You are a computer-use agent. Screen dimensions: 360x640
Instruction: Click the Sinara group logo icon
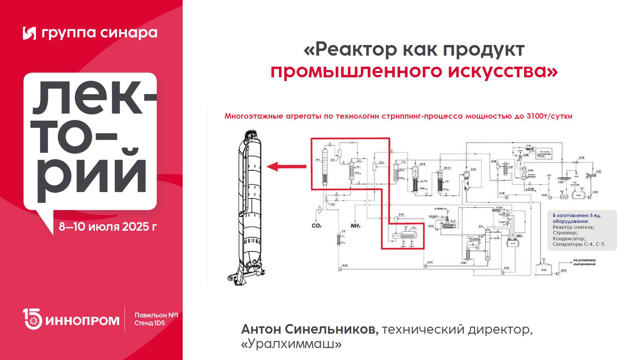tap(29, 33)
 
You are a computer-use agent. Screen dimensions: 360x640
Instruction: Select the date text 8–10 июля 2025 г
tap(108, 227)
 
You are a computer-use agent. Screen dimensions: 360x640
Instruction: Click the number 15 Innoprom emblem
tap(32, 319)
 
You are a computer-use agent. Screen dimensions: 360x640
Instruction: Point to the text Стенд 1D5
tap(150, 323)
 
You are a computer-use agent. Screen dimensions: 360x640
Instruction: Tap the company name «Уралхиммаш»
tap(291, 344)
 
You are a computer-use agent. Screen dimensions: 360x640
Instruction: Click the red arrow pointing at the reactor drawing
tap(286, 166)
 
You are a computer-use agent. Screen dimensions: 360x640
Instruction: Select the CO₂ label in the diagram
tap(316, 226)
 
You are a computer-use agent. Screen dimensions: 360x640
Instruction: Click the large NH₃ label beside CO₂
tap(355, 226)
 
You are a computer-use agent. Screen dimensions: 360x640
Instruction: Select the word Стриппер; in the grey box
tap(565, 233)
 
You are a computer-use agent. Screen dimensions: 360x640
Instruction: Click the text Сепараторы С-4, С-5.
tap(579, 244)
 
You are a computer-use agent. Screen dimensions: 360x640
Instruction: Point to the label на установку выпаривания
tap(584, 262)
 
